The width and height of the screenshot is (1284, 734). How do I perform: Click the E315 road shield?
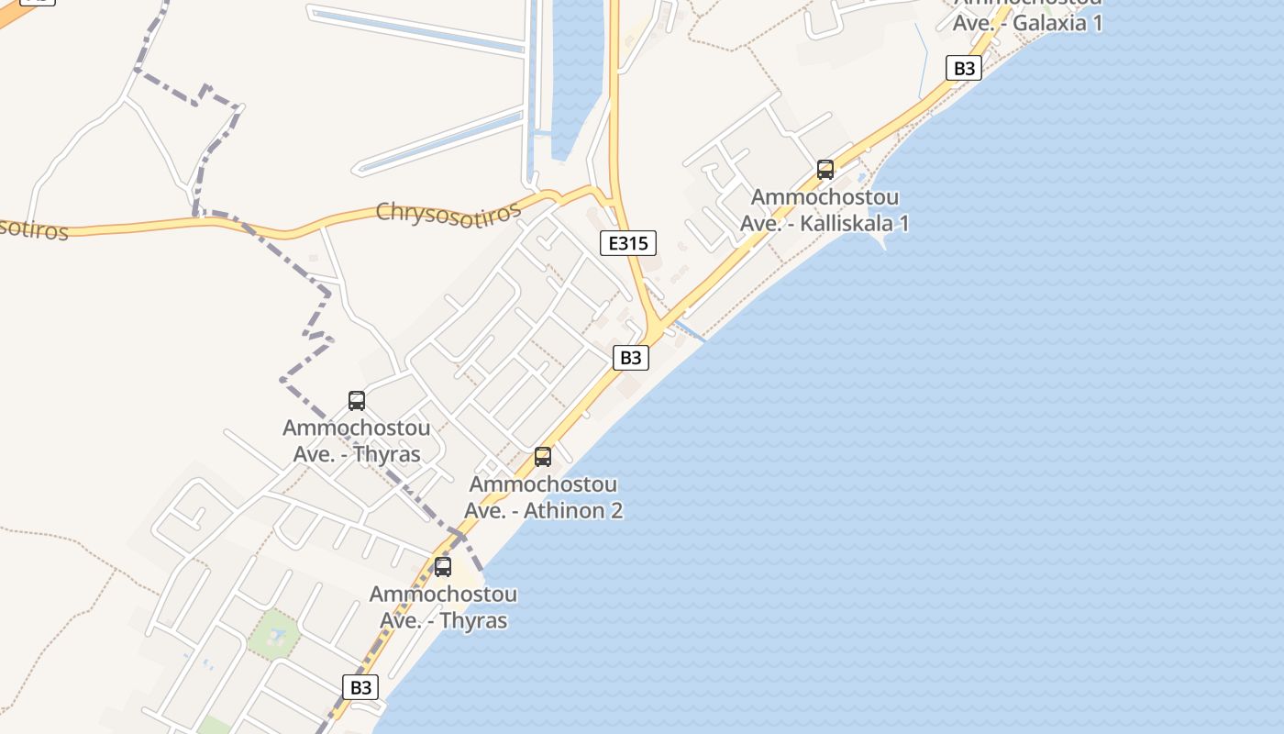pyautogui.click(x=628, y=243)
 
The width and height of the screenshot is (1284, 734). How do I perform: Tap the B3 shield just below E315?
pyautogui.click(x=630, y=357)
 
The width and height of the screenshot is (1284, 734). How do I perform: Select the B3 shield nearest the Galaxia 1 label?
pyautogui.click(x=963, y=68)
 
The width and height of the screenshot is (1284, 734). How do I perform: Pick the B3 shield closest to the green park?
pyautogui.click(x=361, y=687)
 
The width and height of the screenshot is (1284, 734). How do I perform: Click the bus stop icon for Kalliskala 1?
pyautogui.click(x=825, y=170)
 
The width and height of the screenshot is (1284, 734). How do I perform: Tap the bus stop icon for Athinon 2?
pyautogui.click(x=543, y=457)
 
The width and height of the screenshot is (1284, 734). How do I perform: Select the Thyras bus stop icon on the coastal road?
pyautogui.click(x=443, y=567)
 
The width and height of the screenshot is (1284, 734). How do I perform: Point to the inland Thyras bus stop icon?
pyautogui.click(x=357, y=401)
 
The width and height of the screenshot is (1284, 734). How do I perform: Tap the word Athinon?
pyautogui.click(x=566, y=510)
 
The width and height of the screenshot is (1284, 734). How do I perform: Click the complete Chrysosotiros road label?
pyautogui.click(x=448, y=211)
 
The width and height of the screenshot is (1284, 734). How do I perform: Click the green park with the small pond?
pyautogui.click(x=273, y=634)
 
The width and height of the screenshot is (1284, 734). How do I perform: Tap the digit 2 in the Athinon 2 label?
pyautogui.click(x=616, y=510)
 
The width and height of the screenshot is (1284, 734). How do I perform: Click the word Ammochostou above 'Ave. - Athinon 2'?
pyautogui.click(x=543, y=484)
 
